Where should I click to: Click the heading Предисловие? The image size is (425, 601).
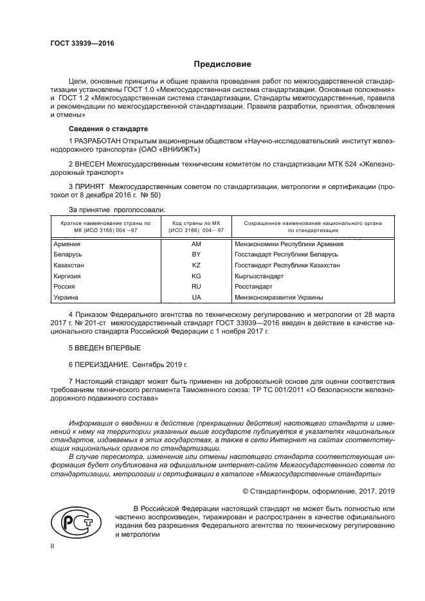[222, 64]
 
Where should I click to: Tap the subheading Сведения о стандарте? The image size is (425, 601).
[107, 129]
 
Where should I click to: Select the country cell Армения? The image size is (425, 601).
[68, 244]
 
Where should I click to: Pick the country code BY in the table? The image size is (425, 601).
[196, 255]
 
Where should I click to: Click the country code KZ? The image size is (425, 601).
[196, 265]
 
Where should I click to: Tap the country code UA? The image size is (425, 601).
[196, 297]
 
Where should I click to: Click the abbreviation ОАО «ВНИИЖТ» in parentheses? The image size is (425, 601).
[170, 150]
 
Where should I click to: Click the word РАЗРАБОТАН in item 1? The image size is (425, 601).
[103, 140]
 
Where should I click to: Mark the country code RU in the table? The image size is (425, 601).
[196, 286]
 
